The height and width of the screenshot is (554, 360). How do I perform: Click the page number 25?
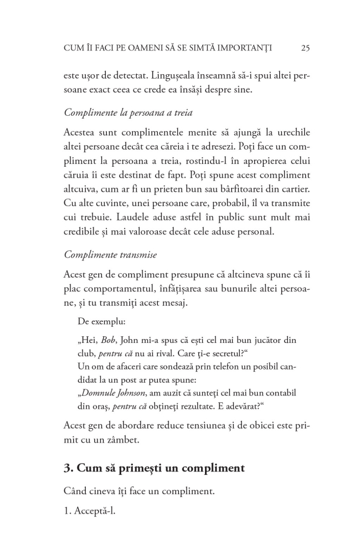point(305,48)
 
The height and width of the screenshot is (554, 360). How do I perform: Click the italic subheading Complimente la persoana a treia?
point(128,112)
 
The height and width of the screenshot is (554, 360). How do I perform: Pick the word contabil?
point(279,393)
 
